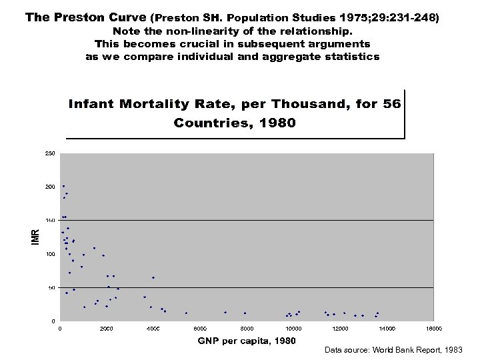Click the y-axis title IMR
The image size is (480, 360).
(37, 235)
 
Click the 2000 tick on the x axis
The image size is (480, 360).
(107, 328)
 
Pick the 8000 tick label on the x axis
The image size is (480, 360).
(247, 328)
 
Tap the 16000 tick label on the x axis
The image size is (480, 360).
(434, 328)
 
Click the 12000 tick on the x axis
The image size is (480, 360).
(341, 328)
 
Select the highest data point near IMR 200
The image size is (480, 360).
(63, 186)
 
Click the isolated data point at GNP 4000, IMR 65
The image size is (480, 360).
(153, 277)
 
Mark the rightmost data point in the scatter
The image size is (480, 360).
(378, 313)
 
